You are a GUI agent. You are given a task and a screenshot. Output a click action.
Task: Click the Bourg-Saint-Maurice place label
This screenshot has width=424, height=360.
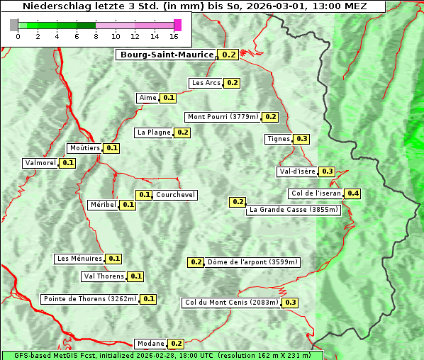(x=166, y=55)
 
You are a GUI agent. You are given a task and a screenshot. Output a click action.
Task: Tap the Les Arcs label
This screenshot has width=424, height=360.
(x=206, y=83)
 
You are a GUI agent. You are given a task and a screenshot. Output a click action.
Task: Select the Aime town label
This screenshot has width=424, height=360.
(x=147, y=98)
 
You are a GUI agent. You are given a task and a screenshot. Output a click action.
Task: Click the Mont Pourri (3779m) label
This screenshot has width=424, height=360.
(x=223, y=117)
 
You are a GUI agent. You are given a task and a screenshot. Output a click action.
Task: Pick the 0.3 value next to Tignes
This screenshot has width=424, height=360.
(x=302, y=139)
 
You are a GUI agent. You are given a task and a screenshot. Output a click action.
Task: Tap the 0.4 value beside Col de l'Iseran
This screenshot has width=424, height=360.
(x=352, y=193)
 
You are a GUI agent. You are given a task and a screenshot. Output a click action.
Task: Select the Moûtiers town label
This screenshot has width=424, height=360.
(x=84, y=148)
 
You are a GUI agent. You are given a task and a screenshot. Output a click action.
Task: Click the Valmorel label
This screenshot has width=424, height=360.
(x=40, y=163)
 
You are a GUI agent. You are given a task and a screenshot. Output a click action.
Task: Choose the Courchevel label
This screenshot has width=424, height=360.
(x=175, y=195)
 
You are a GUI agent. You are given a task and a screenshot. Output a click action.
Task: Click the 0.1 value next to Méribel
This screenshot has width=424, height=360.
(x=128, y=205)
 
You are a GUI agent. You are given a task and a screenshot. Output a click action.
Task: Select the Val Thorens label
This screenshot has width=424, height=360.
(x=104, y=276)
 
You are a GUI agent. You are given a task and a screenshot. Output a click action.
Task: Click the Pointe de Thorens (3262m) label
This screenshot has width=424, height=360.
(x=89, y=299)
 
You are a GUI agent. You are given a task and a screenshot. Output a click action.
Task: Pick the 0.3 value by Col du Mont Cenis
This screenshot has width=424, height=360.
(x=291, y=303)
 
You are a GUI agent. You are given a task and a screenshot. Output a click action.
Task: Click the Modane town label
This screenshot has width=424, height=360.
(x=150, y=344)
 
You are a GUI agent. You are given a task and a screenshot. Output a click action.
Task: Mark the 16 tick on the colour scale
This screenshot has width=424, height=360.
(x=174, y=37)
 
